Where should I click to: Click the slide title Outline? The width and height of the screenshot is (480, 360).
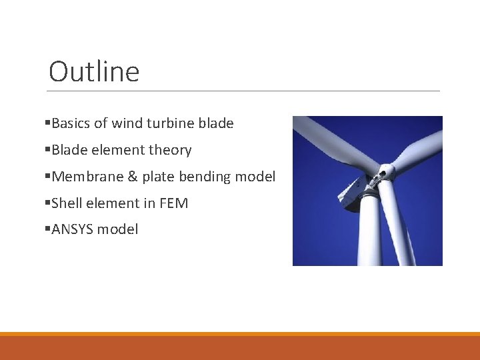(94, 72)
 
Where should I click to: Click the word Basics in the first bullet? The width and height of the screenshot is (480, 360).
(71, 123)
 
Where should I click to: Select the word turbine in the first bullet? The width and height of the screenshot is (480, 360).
(169, 123)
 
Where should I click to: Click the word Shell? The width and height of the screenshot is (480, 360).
(67, 203)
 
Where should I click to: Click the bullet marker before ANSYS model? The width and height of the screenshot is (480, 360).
(47, 229)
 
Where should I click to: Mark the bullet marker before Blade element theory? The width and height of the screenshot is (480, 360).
(47, 150)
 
